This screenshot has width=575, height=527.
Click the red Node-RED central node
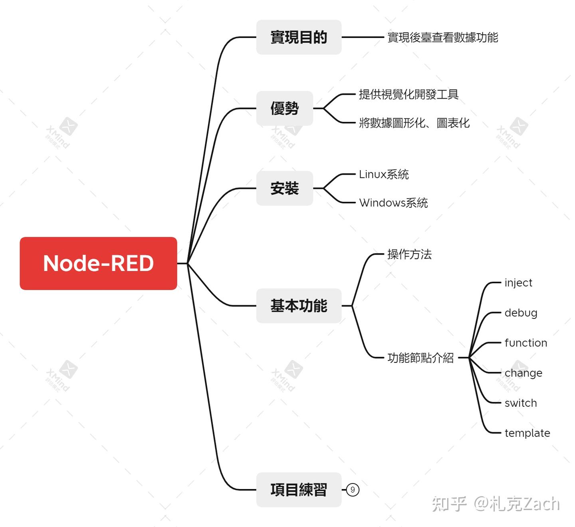pos(98,263)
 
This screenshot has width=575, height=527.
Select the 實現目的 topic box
pos(299,37)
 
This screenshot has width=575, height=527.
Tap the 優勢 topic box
pos(284,108)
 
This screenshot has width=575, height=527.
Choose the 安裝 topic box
pos(284,188)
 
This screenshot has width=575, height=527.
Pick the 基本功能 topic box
pos(299,306)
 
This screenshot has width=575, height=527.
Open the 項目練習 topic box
pos(299,489)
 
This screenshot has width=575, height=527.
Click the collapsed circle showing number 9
pos(353,489)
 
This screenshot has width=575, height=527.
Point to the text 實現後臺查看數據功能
pos(442,38)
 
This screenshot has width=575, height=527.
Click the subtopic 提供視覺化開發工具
pos(408,94)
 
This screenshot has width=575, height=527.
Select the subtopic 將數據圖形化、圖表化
pos(414,123)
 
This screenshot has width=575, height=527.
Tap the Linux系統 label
pos(384,174)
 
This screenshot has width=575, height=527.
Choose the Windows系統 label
pos(393,203)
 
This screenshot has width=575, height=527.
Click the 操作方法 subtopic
pos(409,254)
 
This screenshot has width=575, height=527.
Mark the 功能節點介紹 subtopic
pos(420,358)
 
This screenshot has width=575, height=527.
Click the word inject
pos(518,283)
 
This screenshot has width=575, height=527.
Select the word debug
pos(521,313)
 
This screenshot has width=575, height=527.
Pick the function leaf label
pos(525,343)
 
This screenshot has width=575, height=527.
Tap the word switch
pos(521,403)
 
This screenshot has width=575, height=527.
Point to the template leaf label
pos(527,433)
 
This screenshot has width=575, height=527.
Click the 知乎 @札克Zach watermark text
pos(496,504)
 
